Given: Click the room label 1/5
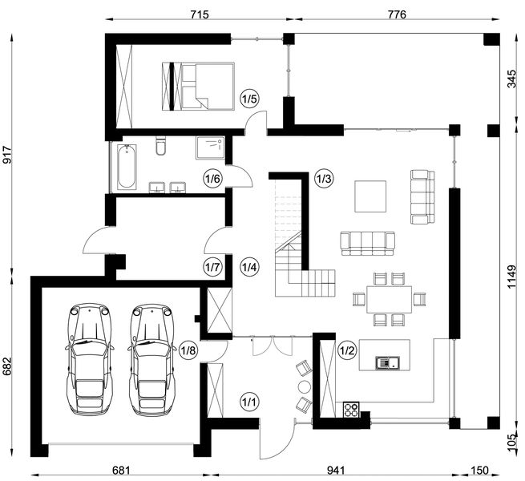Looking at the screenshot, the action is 249,99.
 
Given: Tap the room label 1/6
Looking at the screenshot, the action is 212,179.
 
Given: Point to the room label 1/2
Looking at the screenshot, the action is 346,350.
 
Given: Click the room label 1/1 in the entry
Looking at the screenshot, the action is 249,402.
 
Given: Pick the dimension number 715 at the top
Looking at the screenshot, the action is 200,14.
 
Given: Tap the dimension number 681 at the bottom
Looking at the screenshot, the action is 120,471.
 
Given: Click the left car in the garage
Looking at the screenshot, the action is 90,360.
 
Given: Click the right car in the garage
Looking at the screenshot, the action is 152,360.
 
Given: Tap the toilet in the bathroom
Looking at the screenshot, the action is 161,146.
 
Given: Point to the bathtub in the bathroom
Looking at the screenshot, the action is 127,167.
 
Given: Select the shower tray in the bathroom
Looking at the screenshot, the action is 210,148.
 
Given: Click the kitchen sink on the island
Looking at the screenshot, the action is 387,362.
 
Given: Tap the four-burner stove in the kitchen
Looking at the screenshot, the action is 351,410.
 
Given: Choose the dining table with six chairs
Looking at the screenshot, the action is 389,299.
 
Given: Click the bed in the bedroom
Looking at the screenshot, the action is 198,86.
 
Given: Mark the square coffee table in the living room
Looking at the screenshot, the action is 370,196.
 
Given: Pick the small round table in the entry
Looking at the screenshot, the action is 305,386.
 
